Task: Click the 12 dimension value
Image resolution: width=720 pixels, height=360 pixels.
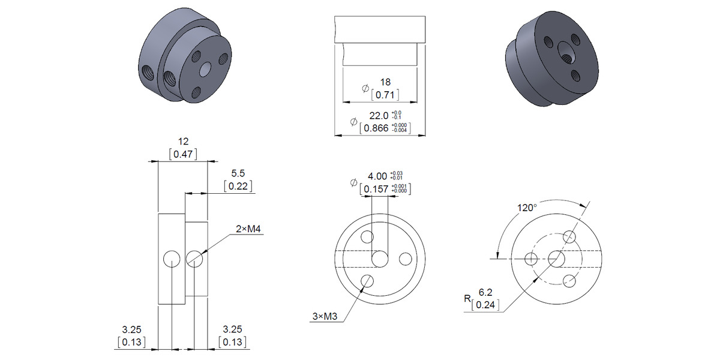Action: [x=184, y=142]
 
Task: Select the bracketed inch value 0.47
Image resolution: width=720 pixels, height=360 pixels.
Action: [x=184, y=155]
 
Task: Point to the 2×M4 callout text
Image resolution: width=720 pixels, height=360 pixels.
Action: [x=251, y=229]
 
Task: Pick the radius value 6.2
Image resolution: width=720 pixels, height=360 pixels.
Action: [x=486, y=293]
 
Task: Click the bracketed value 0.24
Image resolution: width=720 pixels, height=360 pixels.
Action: [x=486, y=305]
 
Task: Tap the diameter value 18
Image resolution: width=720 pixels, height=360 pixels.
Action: [x=386, y=82]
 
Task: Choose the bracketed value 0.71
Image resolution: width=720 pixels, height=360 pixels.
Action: [x=386, y=95]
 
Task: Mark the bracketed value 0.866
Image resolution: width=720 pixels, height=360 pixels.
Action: [x=377, y=128]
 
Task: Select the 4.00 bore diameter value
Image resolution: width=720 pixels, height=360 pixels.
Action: [x=377, y=176]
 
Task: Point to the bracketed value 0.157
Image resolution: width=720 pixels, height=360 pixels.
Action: [x=377, y=189]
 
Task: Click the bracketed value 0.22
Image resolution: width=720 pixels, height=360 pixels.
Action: [x=238, y=186]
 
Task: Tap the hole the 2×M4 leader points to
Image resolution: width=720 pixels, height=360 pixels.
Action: [x=194, y=259]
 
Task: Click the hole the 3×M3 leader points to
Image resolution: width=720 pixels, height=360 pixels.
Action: [x=367, y=281]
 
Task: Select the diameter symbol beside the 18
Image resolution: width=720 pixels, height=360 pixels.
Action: [x=365, y=88]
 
